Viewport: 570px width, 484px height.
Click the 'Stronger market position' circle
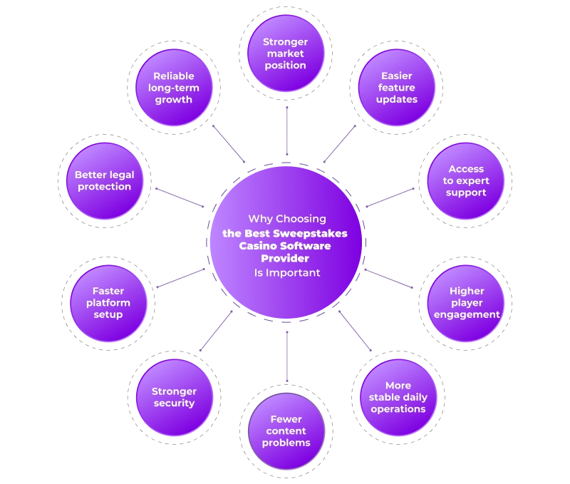coord(285,53)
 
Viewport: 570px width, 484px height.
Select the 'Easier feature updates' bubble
coord(396,87)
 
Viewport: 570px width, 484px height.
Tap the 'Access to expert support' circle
coord(465,181)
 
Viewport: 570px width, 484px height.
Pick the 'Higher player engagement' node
coord(466,303)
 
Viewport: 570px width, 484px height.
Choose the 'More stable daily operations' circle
coord(398,397)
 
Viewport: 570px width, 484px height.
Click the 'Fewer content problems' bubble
coord(286,431)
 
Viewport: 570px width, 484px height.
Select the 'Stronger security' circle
coord(174,397)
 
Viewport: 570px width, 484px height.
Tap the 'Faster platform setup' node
coord(108,303)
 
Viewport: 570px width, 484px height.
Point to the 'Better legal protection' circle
coord(104,181)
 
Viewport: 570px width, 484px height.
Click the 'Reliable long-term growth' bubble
coord(174,88)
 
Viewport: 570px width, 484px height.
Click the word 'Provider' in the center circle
coord(285,259)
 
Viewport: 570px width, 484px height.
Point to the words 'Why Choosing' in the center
coord(286,219)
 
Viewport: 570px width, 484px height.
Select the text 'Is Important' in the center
coord(286,272)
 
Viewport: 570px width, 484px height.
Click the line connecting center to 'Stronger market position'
coord(286,128)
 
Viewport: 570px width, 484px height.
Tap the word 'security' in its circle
coord(174,403)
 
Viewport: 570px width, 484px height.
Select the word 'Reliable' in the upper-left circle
coord(174,76)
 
